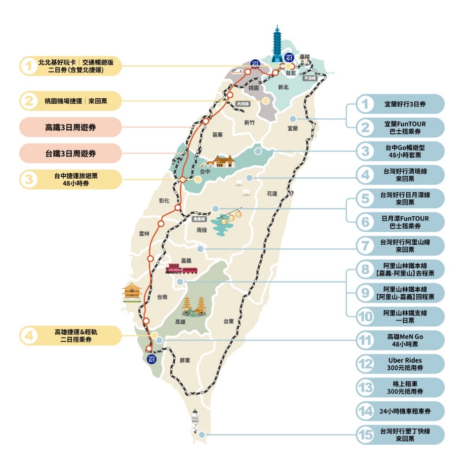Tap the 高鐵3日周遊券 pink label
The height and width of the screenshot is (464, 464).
(70, 127)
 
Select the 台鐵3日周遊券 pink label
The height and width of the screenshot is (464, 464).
(70, 154)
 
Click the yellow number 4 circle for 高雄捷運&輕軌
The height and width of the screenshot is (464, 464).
(29, 336)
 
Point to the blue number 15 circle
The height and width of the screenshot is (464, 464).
(366, 435)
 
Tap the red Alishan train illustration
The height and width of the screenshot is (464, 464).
(182, 269)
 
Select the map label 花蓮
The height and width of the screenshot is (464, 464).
(272, 193)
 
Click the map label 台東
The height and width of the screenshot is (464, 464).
(228, 321)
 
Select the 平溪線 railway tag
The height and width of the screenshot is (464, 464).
(309, 78)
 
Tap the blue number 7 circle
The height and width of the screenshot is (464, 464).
(366, 245)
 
